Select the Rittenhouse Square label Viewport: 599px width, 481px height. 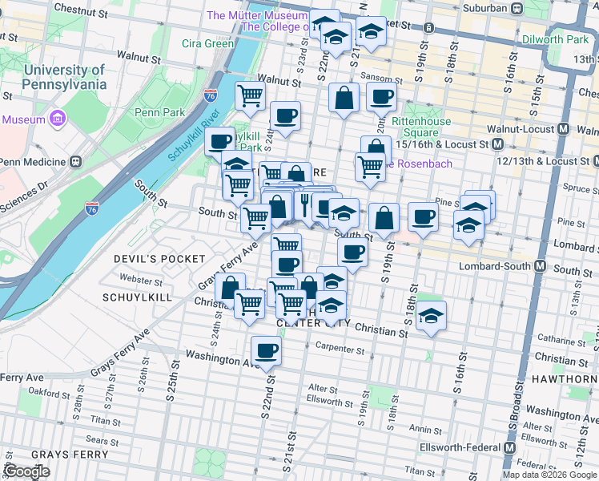click(420, 127)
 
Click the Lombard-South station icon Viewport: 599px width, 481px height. click(541, 266)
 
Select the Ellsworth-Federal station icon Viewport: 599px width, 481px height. click(510, 447)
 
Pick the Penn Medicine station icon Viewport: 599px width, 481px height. click(76, 160)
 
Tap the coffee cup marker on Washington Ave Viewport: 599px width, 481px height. click(266, 350)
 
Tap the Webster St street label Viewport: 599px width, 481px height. click(140, 281)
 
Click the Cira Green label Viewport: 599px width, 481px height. click(208, 43)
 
